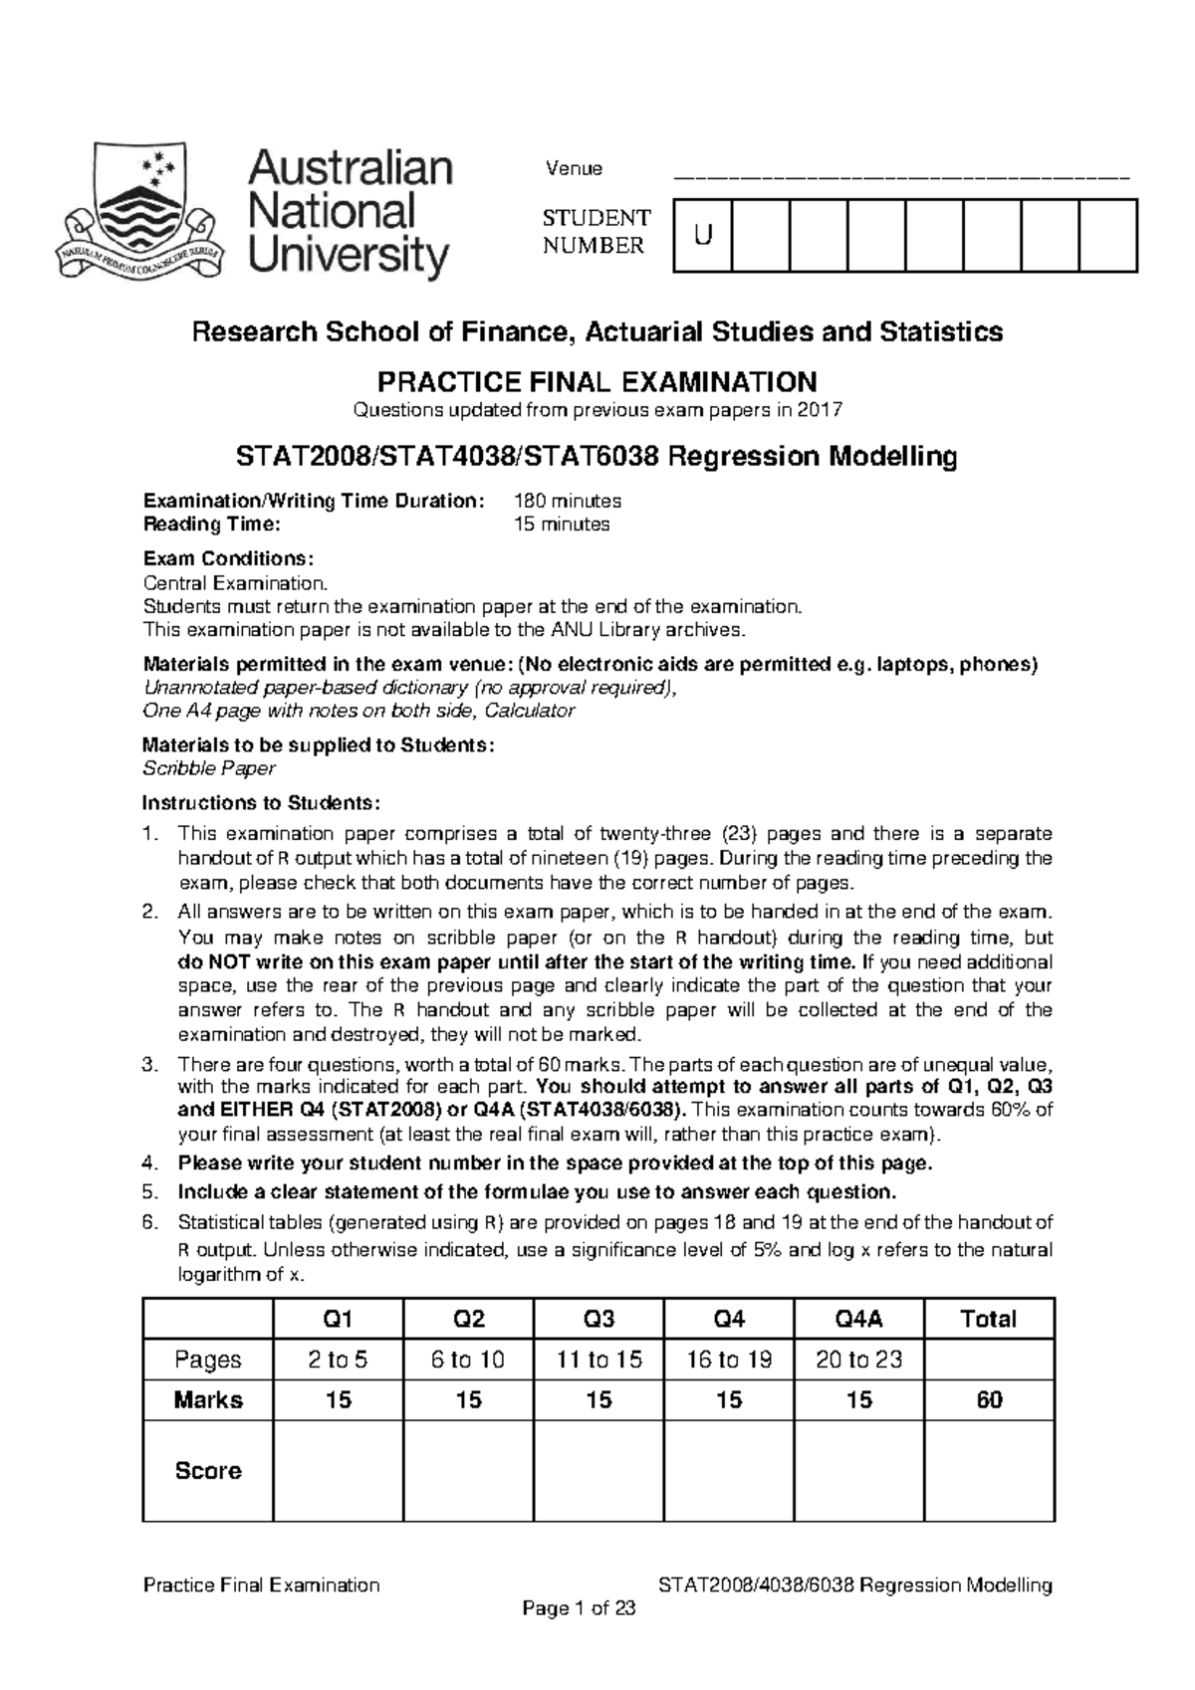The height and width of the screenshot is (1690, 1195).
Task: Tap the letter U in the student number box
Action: pos(703,235)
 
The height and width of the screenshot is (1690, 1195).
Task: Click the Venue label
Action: pos(574,168)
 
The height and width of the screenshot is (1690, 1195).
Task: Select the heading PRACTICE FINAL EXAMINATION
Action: pos(597,381)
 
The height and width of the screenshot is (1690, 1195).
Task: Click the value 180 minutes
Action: pos(567,501)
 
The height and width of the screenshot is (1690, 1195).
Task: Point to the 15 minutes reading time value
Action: pos(561,525)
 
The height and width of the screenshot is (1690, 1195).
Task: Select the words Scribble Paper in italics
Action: pos(209,768)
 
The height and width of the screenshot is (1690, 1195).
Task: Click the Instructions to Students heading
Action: pos(261,803)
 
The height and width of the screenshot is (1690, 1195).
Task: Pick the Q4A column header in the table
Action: pos(858,1319)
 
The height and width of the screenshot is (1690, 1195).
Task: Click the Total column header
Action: pos(988,1319)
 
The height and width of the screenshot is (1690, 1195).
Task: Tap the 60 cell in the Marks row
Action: pos(988,1399)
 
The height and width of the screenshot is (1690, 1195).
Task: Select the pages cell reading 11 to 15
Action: pos(598,1360)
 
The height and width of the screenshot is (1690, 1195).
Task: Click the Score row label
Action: pos(208,1470)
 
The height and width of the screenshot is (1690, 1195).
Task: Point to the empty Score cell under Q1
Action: pos(338,1470)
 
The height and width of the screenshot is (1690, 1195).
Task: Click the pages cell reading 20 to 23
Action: pos(858,1360)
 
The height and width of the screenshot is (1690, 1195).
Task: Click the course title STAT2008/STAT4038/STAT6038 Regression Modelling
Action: pos(597,457)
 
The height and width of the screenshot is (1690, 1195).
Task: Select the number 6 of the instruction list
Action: pos(150,1222)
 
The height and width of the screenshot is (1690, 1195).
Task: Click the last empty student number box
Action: pos(1107,235)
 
